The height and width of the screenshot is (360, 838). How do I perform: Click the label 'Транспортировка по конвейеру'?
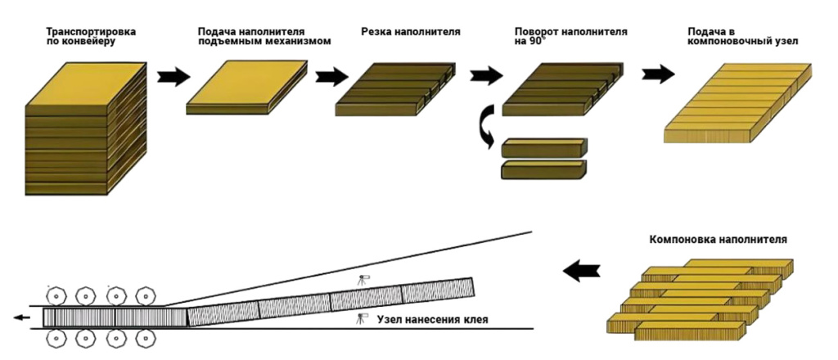tap(91, 36)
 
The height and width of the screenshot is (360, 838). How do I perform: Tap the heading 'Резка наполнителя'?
tap(410, 32)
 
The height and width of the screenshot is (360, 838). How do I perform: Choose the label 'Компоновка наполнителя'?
tap(718, 240)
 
